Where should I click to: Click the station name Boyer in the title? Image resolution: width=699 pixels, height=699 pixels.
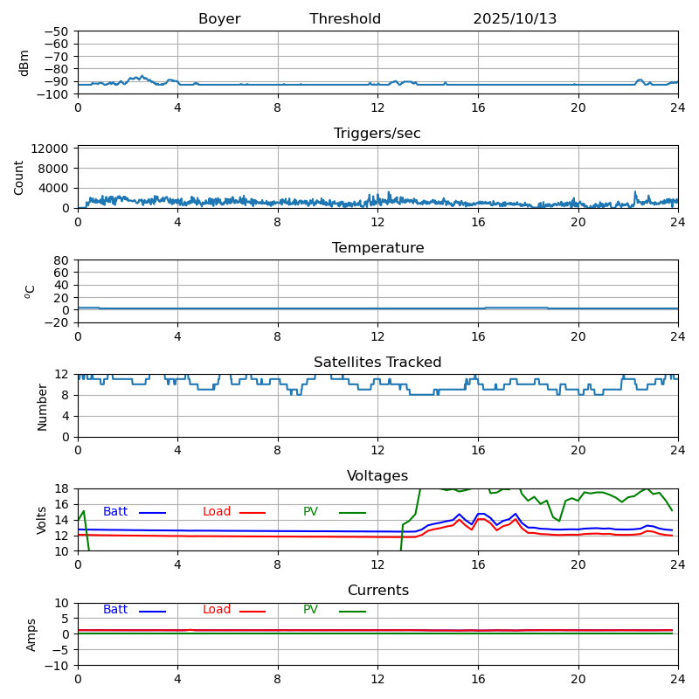219,19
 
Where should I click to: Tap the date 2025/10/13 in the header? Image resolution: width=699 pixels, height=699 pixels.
515,19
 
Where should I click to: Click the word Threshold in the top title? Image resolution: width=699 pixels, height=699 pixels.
345,19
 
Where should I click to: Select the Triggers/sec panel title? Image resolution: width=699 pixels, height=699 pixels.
377,134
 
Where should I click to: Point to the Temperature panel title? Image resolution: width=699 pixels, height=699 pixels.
377,248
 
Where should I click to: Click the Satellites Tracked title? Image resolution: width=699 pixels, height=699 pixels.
377,363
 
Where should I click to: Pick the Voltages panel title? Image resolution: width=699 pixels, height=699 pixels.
377,476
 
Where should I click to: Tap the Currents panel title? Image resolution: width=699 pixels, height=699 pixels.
377,591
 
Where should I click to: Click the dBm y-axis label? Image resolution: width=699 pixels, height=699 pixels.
24,63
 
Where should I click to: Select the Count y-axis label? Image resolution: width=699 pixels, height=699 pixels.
19,176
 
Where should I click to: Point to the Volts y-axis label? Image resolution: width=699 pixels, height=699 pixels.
42,520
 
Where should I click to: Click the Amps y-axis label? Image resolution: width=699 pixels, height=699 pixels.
31,634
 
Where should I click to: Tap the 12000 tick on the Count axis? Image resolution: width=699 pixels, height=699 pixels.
51,150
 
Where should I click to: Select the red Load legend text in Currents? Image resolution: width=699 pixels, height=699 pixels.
217,610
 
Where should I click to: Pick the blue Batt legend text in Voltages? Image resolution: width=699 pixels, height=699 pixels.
115,512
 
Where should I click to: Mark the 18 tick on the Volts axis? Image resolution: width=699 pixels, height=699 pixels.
62,489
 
